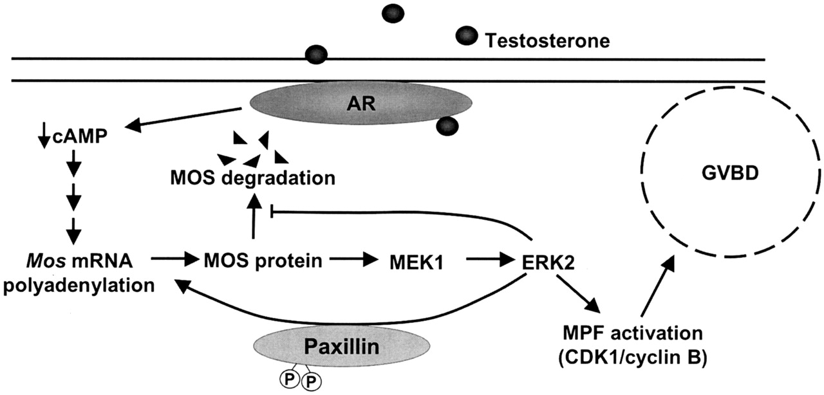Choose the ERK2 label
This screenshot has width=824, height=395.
point(545,261)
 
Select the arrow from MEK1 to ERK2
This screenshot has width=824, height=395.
point(492,261)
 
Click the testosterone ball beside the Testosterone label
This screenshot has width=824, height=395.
point(466,37)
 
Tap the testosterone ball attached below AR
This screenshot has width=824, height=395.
point(447,126)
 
